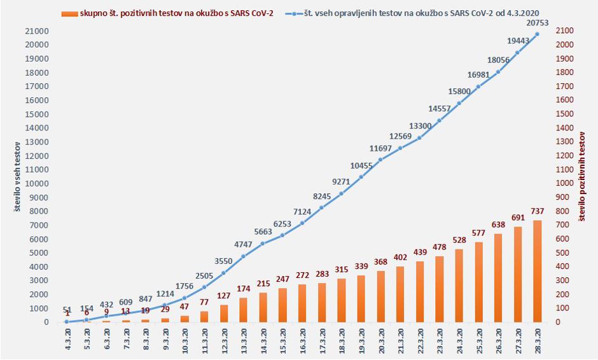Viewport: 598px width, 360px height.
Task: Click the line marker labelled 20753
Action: (537, 34)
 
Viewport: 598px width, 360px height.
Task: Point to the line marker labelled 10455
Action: (361, 177)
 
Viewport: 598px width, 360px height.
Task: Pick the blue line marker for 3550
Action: (223, 273)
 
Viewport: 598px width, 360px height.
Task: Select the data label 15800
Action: (459, 92)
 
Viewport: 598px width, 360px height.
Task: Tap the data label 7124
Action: (302, 212)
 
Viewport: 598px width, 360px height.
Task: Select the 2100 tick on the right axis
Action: (566, 31)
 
